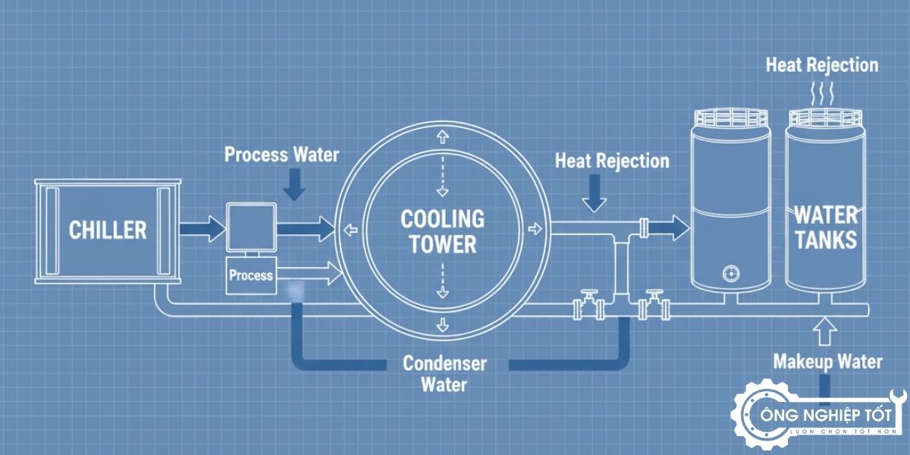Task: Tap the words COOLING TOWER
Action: [442, 231]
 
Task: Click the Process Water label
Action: [281, 155]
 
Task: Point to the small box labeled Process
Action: [250, 274]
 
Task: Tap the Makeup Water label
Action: [827, 362]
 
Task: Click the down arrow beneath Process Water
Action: [294, 184]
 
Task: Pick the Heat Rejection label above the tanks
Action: [821, 64]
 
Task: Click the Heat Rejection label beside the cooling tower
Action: [612, 161]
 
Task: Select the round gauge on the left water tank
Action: [730, 273]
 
